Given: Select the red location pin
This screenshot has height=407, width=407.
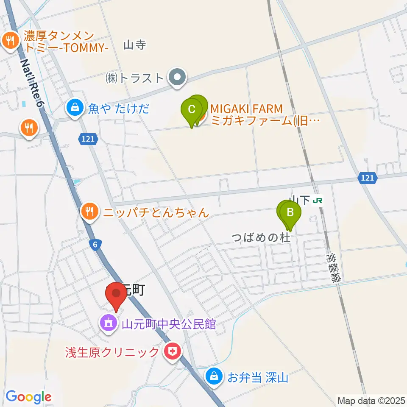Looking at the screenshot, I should [x=116, y=294].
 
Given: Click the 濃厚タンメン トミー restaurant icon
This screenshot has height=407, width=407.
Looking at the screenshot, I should [x=9, y=40].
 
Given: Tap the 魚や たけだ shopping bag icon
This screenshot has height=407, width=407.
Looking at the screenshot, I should [x=75, y=108].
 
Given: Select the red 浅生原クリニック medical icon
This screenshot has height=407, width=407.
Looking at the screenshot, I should [x=173, y=351].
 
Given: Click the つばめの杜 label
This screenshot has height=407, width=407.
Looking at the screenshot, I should [x=261, y=237].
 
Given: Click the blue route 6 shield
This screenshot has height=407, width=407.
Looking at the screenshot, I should [x=96, y=244].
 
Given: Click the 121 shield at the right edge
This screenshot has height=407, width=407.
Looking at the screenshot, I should [x=367, y=179].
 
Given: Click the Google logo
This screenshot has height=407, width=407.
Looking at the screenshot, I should [x=28, y=397].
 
